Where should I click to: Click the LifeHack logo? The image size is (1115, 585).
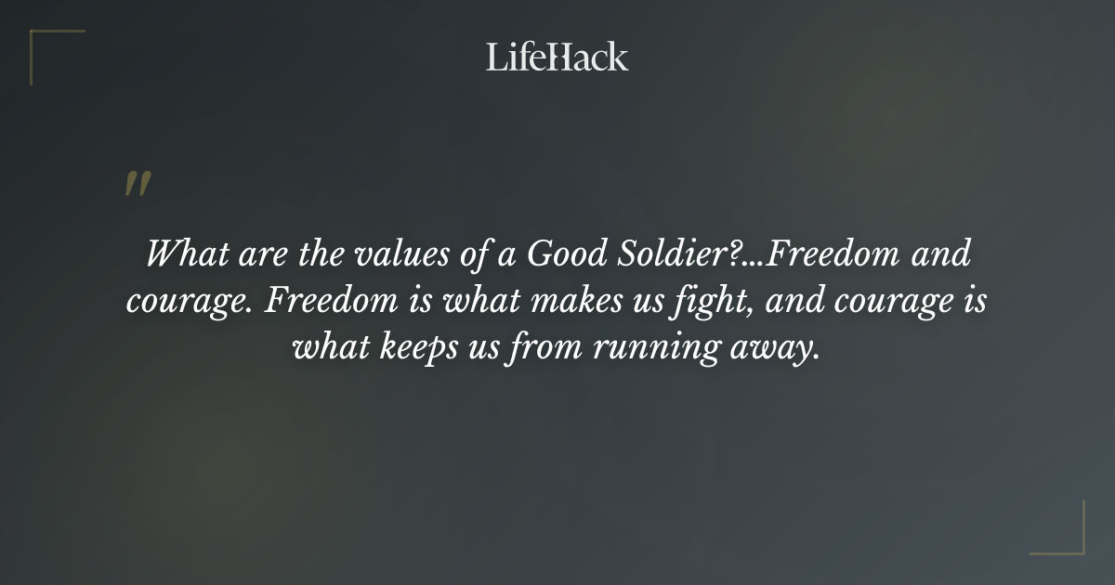557,57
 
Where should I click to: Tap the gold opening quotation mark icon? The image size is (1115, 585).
137,184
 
